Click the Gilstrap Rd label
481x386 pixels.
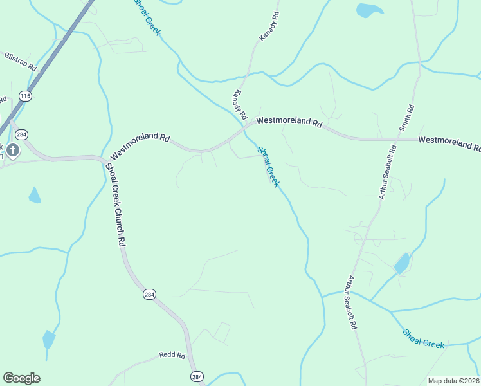coord(20,62)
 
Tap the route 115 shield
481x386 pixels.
coord(25,96)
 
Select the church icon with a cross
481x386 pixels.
coord(13,151)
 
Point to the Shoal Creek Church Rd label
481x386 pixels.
coord(114,203)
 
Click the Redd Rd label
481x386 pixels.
coord(172,355)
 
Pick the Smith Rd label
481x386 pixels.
coord(406,118)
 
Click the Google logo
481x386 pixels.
coord(21,378)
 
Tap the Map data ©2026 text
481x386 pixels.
coord(453,381)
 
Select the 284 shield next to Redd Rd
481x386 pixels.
coord(197,376)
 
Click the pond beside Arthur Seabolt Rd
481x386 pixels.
coord(402,263)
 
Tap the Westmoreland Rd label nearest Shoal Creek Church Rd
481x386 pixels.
coord(140,147)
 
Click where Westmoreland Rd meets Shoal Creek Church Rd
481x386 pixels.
coord(103,158)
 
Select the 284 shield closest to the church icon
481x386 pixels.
coord(22,134)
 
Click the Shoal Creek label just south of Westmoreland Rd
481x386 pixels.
coord(269,167)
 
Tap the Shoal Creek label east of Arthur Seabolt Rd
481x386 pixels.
coord(424,339)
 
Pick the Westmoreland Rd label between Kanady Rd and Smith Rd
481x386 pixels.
coord(289,121)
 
